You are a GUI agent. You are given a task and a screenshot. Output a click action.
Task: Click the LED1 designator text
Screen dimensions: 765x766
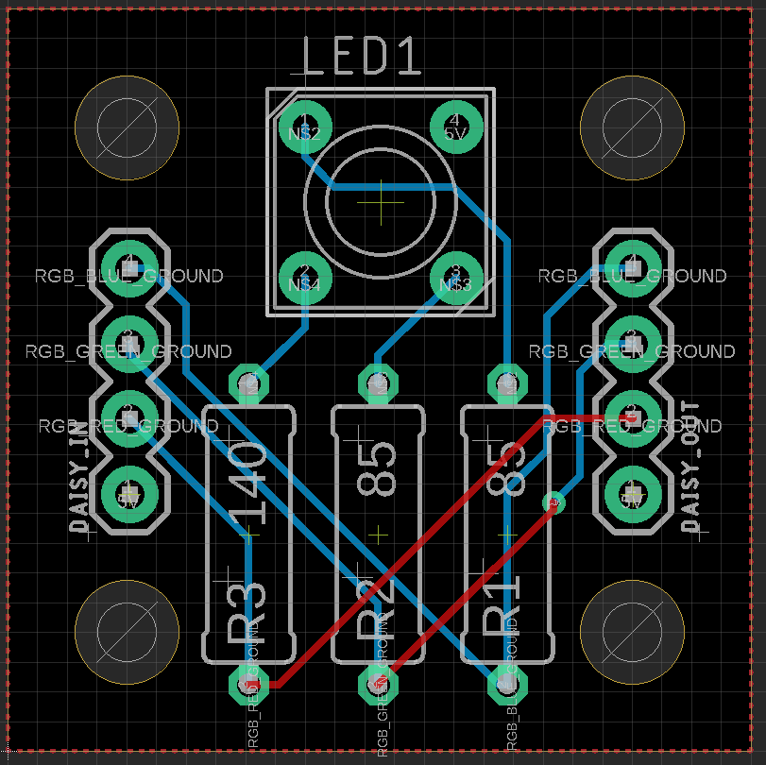pyautogui.click(x=361, y=58)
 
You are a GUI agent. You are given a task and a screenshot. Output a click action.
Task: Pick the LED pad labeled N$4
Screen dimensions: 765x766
pyautogui.click(x=304, y=278)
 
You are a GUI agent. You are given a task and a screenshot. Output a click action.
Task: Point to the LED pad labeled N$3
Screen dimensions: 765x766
pyautogui.click(x=456, y=278)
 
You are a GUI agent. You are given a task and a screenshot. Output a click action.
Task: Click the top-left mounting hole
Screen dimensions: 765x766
pyautogui.click(x=127, y=127)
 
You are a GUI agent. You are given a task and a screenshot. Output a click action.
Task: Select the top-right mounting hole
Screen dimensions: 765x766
pyautogui.click(x=631, y=127)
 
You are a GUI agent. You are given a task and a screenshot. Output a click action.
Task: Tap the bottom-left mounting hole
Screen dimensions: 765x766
pyautogui.click(x=127, y=632)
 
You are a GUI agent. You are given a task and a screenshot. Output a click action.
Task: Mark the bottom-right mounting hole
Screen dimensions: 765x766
pyautogui.click(x=631, y=632)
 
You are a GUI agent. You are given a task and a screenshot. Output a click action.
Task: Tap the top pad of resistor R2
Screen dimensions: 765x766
pyautogui.click(x=378, y=383)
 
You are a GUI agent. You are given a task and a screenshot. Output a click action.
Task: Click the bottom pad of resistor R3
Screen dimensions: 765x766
pyautogui.click(x=250, y=685)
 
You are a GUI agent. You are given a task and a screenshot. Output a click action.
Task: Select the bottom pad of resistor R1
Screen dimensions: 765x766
pyautogui.click(x=506, y=685)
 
